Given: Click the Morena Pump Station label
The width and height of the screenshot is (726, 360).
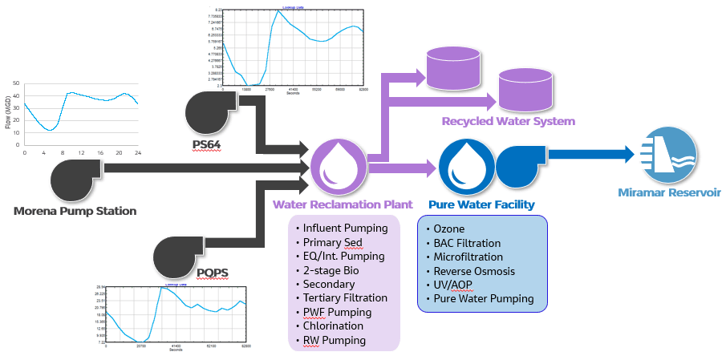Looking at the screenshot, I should (x=75, y=212).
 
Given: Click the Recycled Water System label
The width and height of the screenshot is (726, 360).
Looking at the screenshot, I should (x=508, y=122).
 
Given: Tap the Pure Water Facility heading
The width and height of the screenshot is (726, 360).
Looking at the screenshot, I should (x=481, y=205).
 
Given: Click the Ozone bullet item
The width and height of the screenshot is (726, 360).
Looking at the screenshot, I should (x=448, y=229).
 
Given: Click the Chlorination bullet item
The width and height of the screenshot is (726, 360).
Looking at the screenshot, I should (x=333, y=326).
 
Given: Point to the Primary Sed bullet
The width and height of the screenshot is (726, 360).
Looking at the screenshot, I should (x=334, y=242).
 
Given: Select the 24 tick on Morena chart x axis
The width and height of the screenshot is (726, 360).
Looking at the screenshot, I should (x=137, y=152).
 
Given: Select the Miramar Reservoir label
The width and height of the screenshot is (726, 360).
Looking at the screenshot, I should (x=669, y=192).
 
